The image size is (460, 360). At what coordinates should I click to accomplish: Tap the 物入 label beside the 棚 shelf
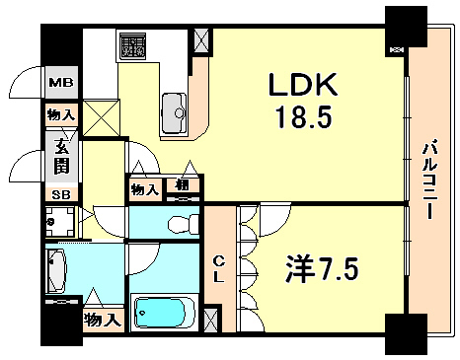click(146, 188)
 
